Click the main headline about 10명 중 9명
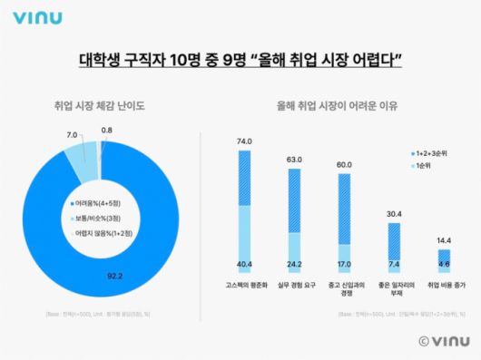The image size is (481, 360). [240, 61]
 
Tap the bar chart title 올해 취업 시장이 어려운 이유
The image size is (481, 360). [340, 107]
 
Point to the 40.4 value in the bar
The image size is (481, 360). [244, 266]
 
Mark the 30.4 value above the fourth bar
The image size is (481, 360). [394, 214]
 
